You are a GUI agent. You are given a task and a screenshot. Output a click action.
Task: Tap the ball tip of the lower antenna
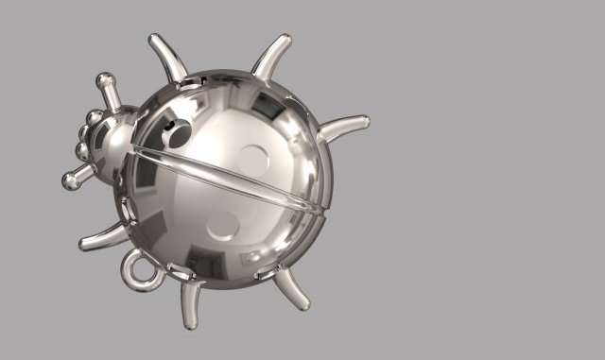[x=70, y=181]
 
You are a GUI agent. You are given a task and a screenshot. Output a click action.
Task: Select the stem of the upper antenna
[x=112, y=96]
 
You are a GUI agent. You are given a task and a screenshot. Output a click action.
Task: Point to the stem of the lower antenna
[x=85, y=173]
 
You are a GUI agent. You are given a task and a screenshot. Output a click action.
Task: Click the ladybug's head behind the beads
[x=117, y=142]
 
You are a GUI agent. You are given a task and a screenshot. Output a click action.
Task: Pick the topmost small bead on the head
[x=95, y=117]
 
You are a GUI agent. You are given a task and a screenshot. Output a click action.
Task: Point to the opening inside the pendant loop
[x=143, y=271]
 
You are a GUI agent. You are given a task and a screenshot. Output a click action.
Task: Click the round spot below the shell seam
[x=223, y=225]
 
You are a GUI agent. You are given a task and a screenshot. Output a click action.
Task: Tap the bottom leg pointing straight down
[x=191, y=306]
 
